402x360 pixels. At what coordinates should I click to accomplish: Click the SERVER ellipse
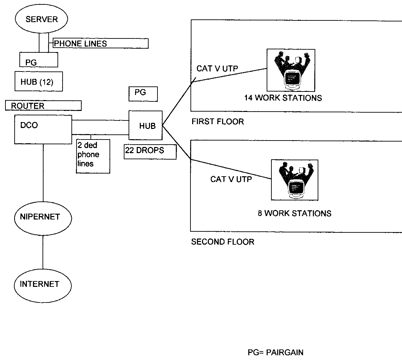[x=41, y=19]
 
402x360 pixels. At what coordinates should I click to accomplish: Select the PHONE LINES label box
[x=101, y=44]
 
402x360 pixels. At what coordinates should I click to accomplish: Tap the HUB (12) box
[x=38, y=81]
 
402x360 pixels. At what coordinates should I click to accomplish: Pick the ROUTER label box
[x=43, y=106]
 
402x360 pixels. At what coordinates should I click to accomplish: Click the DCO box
[x=43, y=129]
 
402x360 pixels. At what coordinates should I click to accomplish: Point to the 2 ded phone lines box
[x=93, y=156]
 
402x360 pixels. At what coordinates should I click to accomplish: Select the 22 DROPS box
[x=150, y=152]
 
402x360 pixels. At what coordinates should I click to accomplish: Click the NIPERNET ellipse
[x=43, y=217]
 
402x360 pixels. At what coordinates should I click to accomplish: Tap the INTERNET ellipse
[x=43, y=284]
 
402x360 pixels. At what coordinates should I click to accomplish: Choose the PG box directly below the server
[x=38, y=60]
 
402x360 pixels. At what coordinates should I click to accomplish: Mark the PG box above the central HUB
[x=143, y=94]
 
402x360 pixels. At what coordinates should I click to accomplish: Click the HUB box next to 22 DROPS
[x=146, y=125]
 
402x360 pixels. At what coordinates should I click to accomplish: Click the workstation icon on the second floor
[x=295, y=180]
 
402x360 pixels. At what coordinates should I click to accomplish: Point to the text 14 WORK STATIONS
[x=283, y=98]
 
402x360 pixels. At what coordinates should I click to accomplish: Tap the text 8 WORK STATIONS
[x=294, y=213]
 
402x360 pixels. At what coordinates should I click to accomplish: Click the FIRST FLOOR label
[x=218, y=121]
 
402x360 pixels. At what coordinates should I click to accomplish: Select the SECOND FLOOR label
[x=223, y=242]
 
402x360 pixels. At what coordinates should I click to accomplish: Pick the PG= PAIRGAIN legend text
[x=275, y=352]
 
